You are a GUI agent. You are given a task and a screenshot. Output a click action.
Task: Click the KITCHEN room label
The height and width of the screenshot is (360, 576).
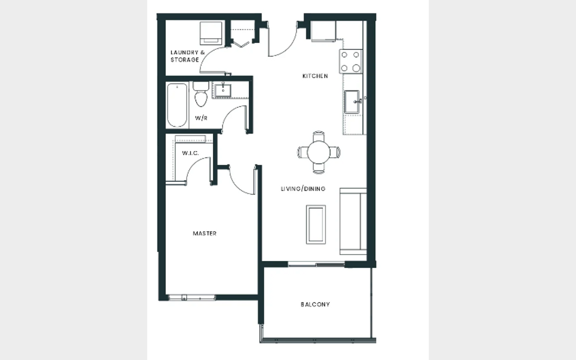point(315,76)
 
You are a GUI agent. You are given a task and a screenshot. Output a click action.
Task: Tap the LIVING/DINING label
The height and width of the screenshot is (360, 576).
point(303,189)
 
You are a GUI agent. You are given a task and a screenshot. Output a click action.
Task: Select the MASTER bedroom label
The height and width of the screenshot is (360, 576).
point(205,234)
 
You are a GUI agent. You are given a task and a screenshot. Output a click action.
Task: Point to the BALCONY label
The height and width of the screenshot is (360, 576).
point(315,304)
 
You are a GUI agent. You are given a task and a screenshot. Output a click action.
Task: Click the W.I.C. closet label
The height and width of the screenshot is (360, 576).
point(190,153)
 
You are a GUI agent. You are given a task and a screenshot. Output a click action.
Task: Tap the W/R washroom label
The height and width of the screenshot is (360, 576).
point(201,118)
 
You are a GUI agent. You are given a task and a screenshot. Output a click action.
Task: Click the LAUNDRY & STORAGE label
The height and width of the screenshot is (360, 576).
point(188,56)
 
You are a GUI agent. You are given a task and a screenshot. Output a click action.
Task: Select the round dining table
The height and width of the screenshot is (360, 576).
point(318,152)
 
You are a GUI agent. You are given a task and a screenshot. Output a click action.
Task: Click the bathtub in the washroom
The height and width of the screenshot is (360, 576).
point(177,105)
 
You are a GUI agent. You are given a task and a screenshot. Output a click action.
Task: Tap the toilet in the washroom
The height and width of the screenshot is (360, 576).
point(201,94)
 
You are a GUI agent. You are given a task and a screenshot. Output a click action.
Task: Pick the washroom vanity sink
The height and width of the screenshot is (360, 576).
point(223,90)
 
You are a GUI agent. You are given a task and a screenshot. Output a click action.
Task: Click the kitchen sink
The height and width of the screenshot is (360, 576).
point(352,102)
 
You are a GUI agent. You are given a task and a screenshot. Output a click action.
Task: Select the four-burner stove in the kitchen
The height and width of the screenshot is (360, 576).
point(350,62)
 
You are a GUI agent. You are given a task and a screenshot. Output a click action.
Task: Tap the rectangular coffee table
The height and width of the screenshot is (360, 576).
point(316,224)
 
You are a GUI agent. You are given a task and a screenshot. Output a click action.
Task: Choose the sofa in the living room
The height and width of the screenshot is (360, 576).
point(353,222)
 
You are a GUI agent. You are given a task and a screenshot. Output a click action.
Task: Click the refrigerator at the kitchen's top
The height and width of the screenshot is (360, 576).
point(324,31)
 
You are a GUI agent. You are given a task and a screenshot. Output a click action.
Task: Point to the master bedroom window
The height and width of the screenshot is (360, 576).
point(192,298)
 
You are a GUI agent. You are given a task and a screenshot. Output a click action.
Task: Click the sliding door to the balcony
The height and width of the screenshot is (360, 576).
point(316,264)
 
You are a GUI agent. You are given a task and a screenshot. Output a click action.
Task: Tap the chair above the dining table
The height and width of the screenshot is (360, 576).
point(318,136)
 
